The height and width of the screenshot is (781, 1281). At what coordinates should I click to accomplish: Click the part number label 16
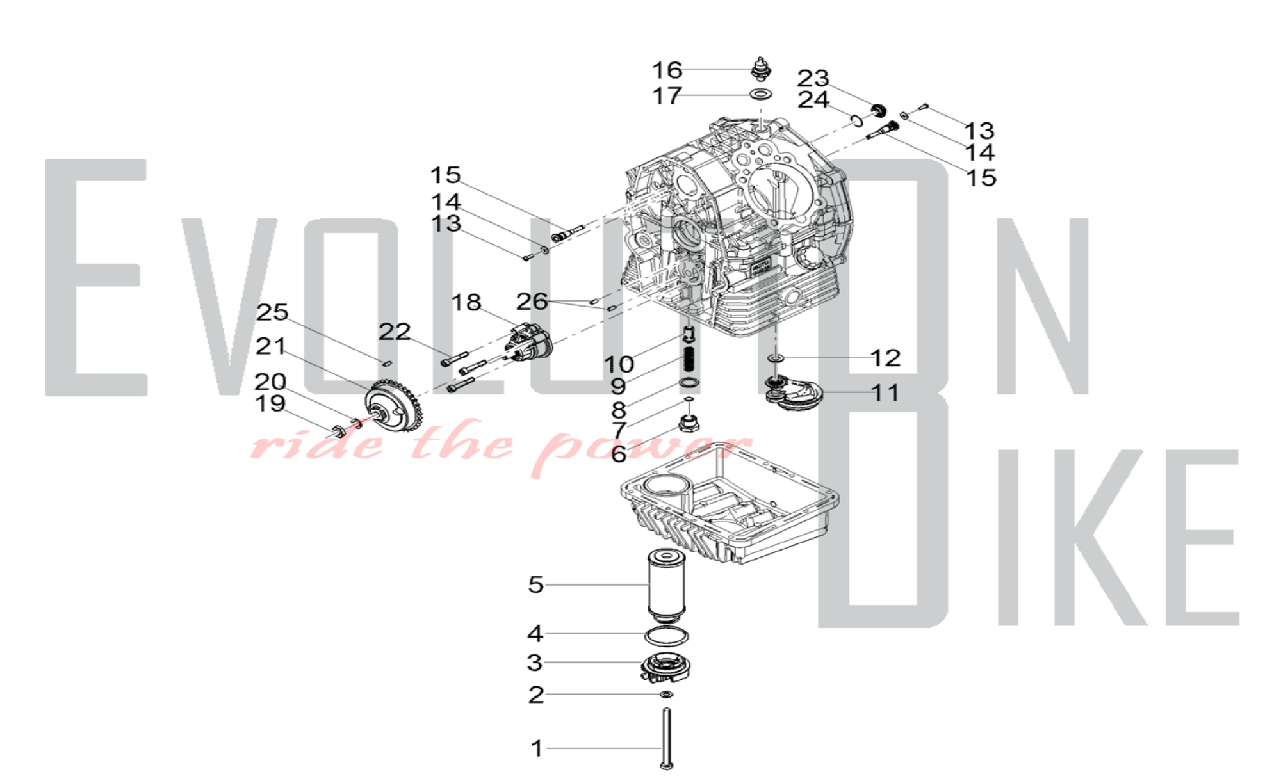point(667,70)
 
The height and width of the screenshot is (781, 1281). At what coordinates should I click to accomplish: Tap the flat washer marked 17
point(761,94)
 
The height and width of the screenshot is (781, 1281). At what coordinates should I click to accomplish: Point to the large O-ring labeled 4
point(667,636)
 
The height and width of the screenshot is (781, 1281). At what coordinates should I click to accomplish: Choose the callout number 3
point(535,663)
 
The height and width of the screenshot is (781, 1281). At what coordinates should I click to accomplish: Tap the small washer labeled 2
point(667,695)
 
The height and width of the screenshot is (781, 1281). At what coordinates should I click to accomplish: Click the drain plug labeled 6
point(689,423)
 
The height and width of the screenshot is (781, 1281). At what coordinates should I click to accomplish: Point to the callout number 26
point(532,301)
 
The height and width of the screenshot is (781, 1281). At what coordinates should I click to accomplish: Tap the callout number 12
point(885,358)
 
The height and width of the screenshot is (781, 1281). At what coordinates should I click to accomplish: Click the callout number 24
point(813,99)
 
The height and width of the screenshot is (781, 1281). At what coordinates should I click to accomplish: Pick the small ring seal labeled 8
point(689,383)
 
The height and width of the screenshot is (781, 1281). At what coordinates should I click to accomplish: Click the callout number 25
point(272,312)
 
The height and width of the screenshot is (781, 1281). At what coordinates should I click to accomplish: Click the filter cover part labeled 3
point(667,668)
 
